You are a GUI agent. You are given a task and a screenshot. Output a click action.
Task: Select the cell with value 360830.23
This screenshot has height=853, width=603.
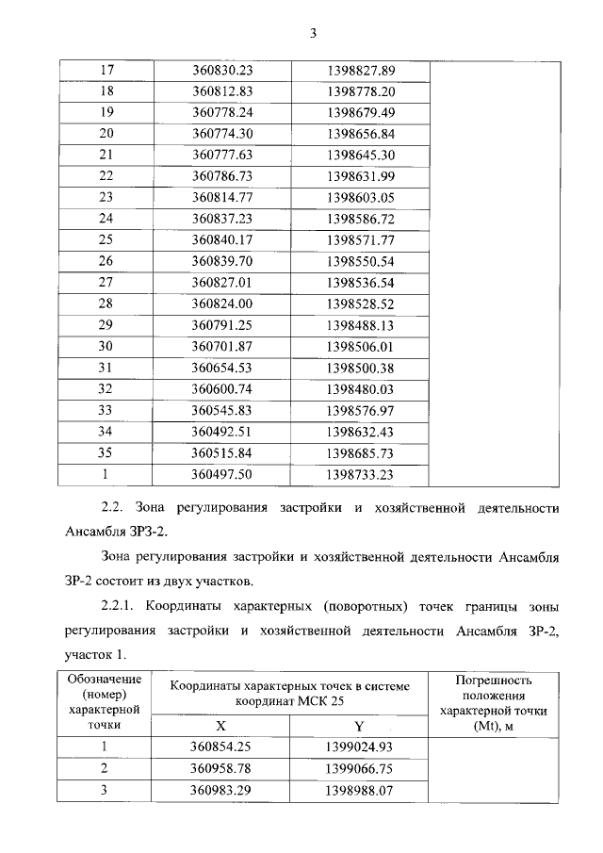point(223,71)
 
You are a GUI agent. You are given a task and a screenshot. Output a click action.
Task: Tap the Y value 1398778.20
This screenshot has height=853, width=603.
point(361,91)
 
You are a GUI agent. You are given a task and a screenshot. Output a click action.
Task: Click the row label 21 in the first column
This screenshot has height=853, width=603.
point(106,155)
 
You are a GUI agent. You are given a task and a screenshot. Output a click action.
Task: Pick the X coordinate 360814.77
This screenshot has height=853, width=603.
point(223,197)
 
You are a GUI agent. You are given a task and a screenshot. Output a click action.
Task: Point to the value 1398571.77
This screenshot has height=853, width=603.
point(361,239)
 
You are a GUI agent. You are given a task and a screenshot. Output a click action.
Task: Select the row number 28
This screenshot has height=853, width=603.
point(106,303)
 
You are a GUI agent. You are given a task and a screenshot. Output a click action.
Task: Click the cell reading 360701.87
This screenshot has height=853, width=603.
point(223,345)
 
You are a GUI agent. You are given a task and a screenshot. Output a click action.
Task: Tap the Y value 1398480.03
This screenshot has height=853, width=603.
point(361,387)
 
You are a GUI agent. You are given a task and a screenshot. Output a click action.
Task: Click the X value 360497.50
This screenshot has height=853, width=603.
point(223,475)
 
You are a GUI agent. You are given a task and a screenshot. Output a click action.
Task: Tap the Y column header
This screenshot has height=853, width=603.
point(359,727)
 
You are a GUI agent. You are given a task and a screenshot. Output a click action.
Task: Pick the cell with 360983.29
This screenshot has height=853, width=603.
point(223,790)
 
